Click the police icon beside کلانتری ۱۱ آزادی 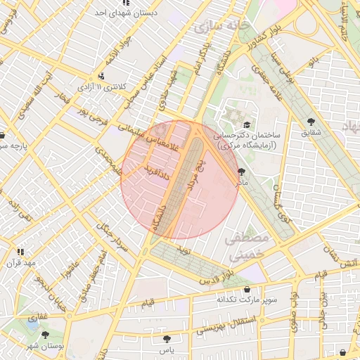pyautogui.click(x=103, y=77)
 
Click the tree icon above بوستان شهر pyautogui.click(x=46, y=335)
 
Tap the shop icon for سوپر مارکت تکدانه pyautogui.click(x=246, y=289)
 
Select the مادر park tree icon pyautogui.click(x=242, y=171)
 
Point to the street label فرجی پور pyautogui.click(x=91, y=115)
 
